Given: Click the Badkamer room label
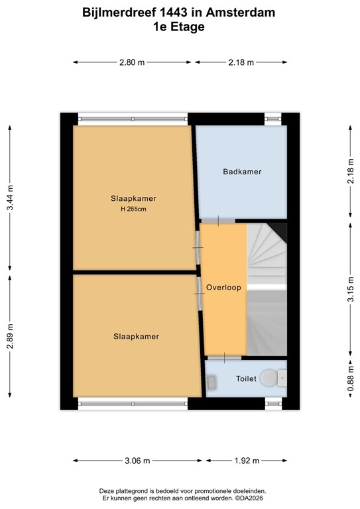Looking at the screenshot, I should pyautogui.click(x=242, y=172).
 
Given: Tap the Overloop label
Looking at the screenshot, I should pyautogui.click(x=223, y=288).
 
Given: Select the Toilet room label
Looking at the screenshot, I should pyautogui.click(x=245, y=378).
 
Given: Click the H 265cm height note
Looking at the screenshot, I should pyautogui.click(x=133, y=209).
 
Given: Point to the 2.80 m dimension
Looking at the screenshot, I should pyautogui.click(x=132, y=62).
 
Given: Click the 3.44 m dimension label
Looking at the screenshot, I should pyautogui.click(x=10, y=199).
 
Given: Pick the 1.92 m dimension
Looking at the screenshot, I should pyautogui.click(x=247, y=461).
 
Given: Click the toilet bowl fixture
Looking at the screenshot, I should pyautogui.click(x=269, y=378).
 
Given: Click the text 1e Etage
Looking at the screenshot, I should pyautogui.click(x=179, y=27).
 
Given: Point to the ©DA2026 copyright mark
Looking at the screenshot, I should pyautogui.click(x=243, y=497).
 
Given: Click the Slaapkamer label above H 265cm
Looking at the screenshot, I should pyautogui.click(x=133, y=198).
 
